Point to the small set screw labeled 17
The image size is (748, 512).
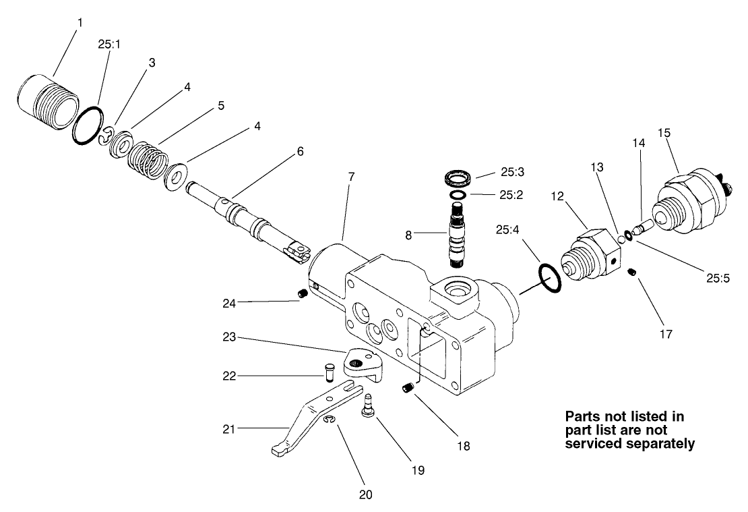tap(632, 272)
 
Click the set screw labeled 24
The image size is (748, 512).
tap(303, 293)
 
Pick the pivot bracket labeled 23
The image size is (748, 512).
tap(365, 362)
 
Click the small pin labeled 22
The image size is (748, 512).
tap(328, 370)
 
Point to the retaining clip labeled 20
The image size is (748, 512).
tap(328, 422)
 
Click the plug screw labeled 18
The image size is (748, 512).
tap(406, 388)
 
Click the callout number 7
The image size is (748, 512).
tap(352, 176)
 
